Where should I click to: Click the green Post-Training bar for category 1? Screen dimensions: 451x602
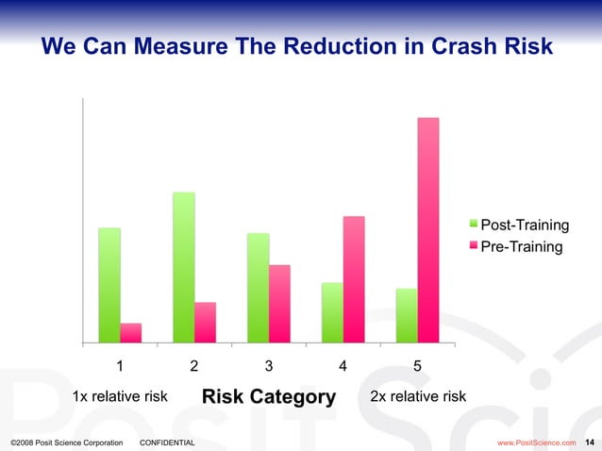[x=109, y=284]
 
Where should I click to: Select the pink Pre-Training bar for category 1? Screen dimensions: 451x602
[x=131, y=332]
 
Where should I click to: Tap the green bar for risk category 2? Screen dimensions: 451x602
[x=184, y=267]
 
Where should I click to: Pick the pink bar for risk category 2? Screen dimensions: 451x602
[x=206, y=322]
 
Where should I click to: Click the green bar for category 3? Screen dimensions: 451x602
[x=259, y=287]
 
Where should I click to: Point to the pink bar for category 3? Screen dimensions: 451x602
[x=279, y=303]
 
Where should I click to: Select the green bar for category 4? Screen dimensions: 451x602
[x=332, y=312]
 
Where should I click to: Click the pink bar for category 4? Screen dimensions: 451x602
[x=354, y=278]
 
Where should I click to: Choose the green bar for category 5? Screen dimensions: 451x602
[x=407, y=315]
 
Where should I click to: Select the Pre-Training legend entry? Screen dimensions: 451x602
[x=521, y=247]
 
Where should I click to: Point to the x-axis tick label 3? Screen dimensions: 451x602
[x=269, y=366]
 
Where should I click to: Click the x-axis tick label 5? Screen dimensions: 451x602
[x=418, y=366]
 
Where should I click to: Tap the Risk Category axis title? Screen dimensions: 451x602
[x=269, y=397]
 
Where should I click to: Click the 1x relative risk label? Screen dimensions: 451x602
[x=121, y=396]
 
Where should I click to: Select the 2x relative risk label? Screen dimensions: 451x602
[x=418, y=396]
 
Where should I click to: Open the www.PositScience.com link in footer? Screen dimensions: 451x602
[x=536, y=442]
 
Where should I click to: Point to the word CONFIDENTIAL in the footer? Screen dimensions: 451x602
[x=167, y=442]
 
